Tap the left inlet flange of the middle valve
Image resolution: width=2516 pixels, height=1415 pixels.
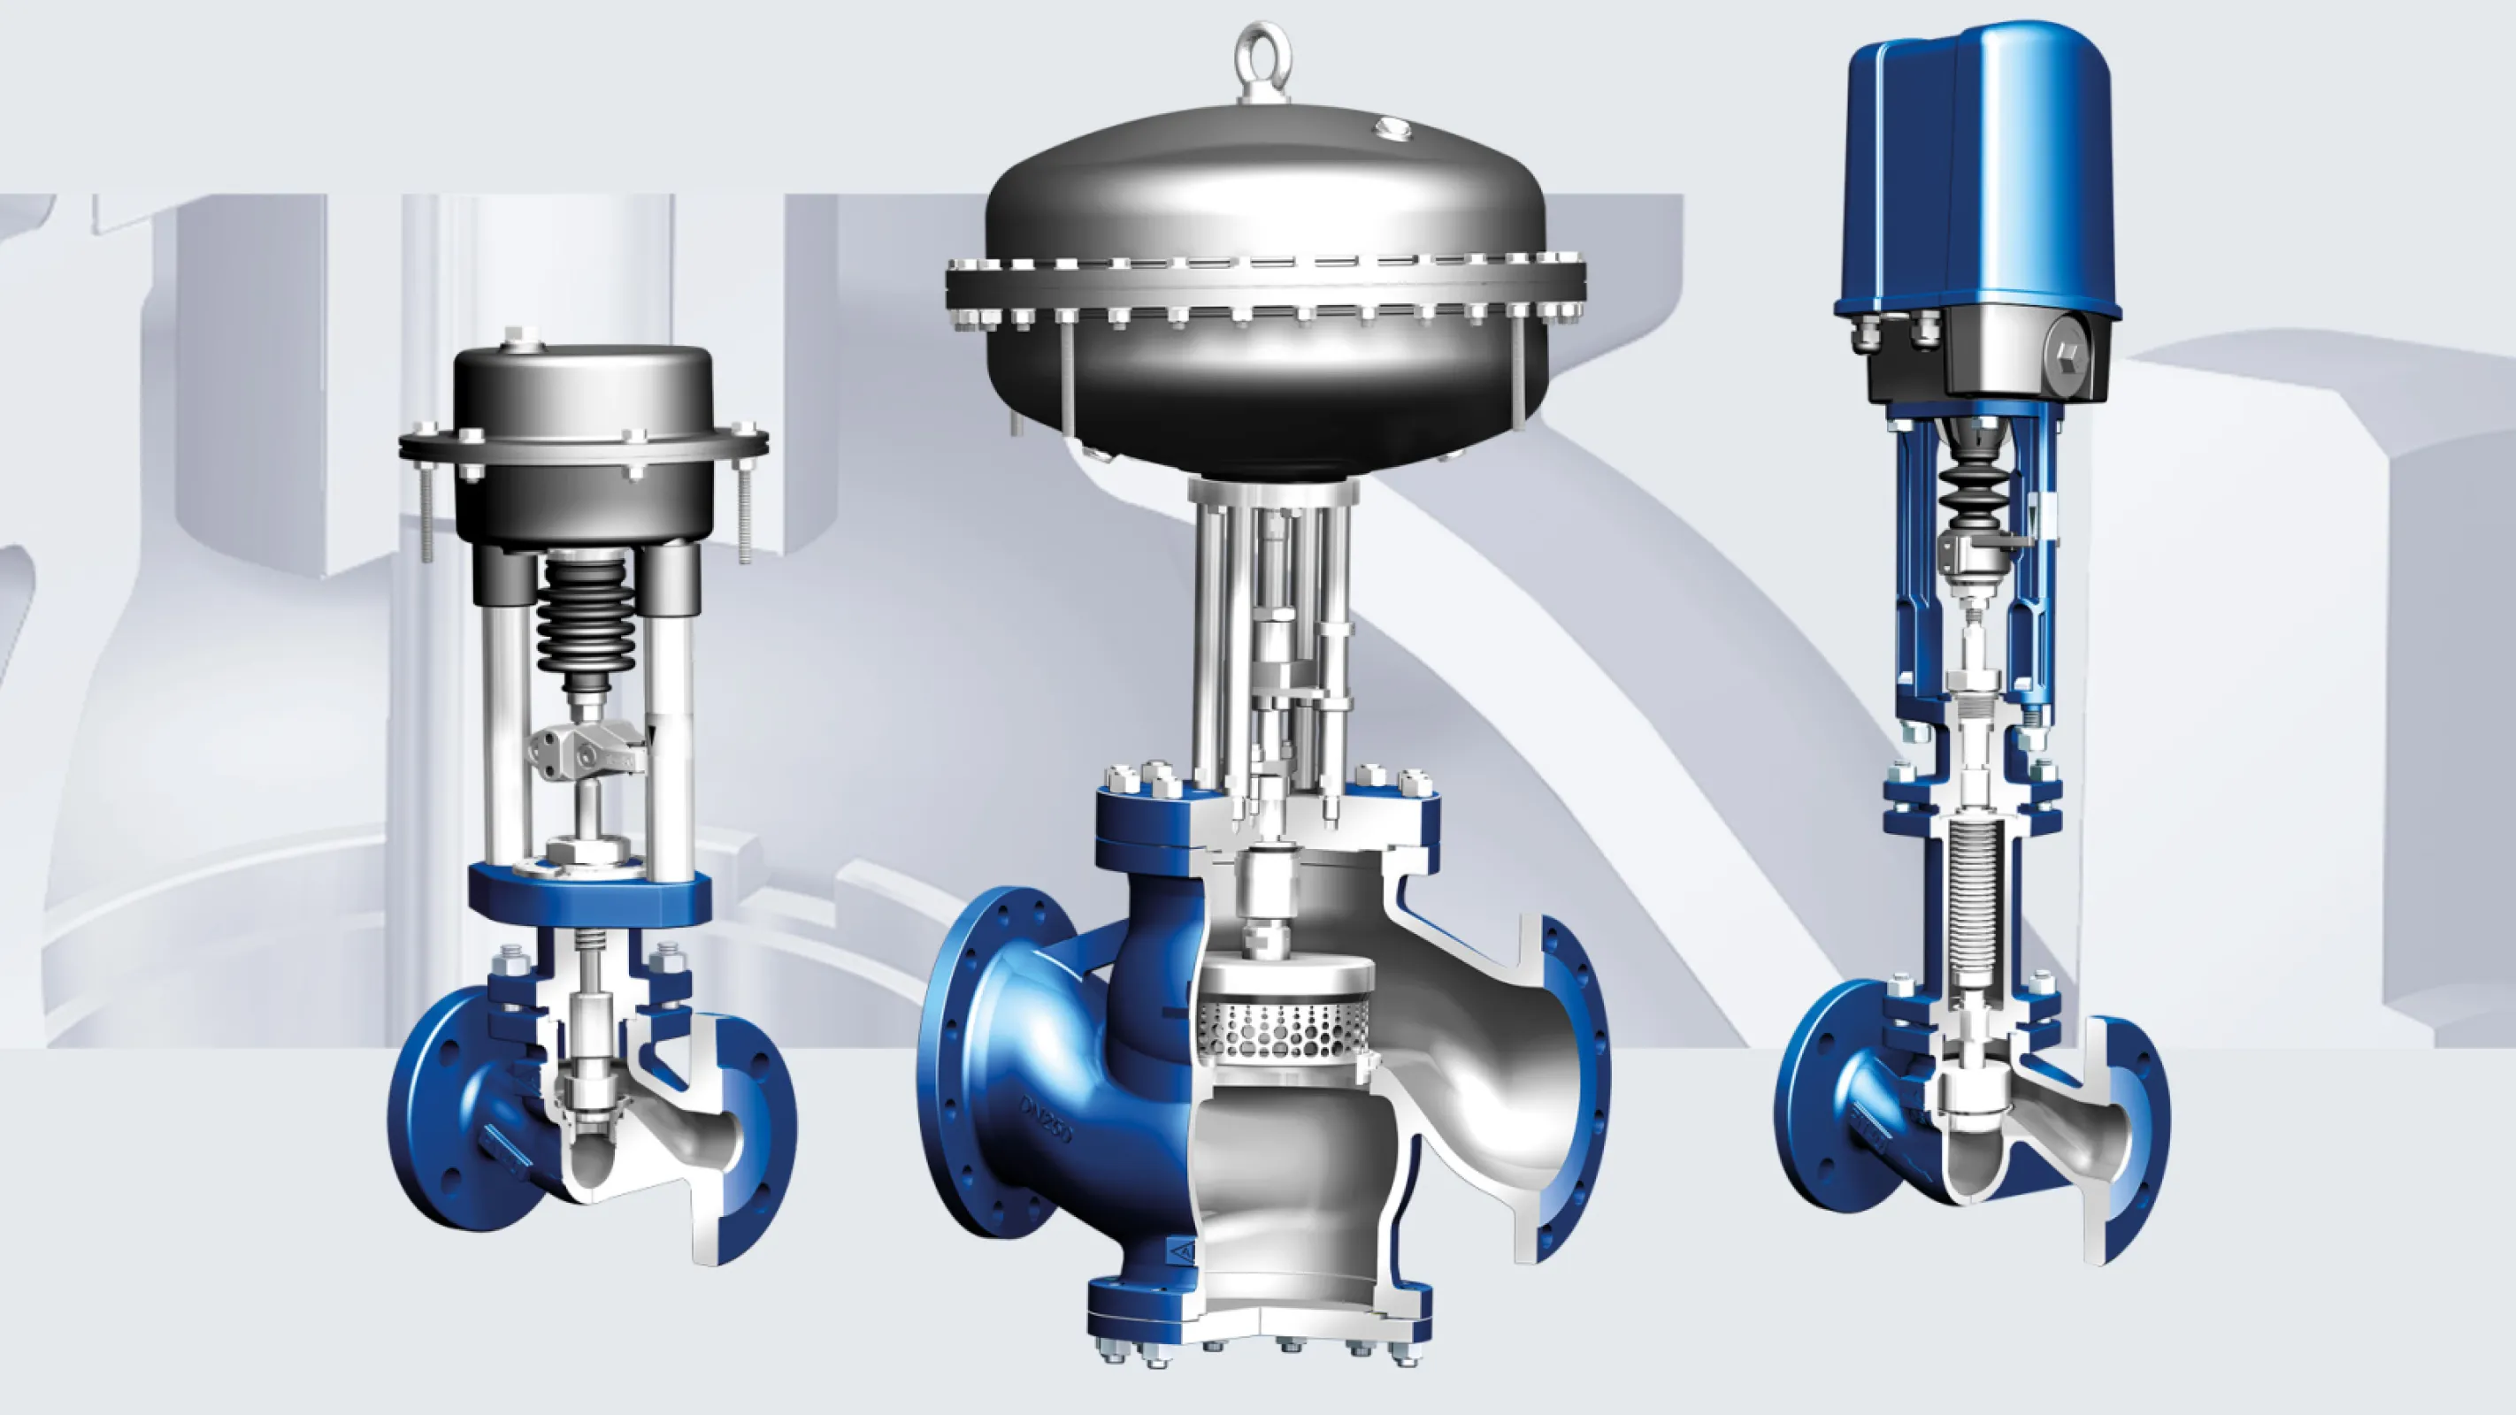point(986,1075)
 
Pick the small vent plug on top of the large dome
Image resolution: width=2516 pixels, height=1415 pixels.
point(1391,127)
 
